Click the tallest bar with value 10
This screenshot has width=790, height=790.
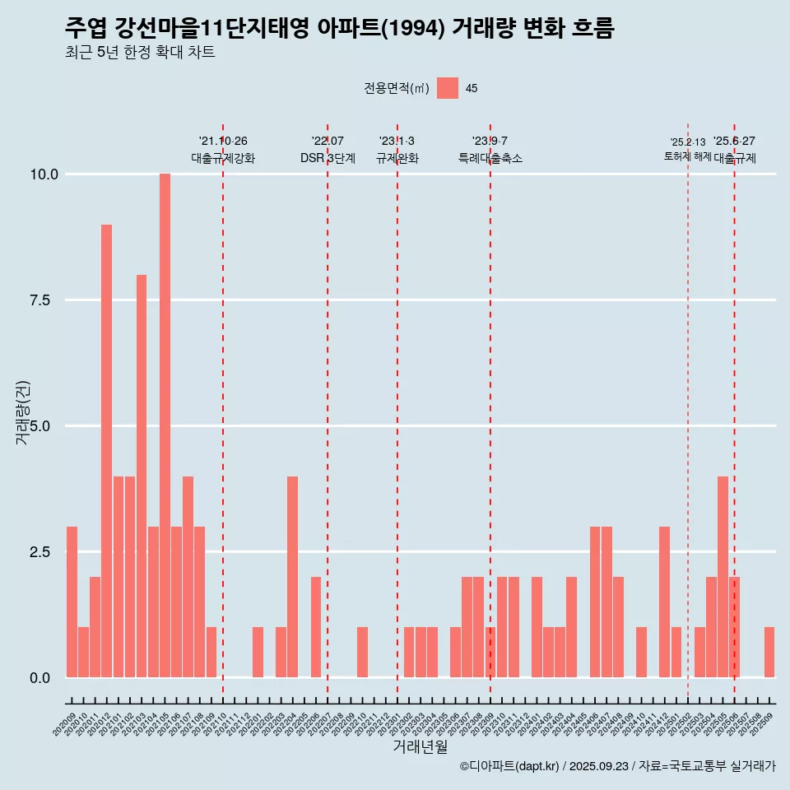165,425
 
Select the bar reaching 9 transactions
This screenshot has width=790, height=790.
107,451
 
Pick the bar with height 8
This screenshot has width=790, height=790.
142,476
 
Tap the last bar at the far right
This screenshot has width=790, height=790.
769,653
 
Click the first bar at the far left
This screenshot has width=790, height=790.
72,602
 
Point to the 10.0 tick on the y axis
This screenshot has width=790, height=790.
42,174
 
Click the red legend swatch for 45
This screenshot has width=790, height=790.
448,88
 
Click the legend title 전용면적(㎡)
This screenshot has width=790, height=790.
397,89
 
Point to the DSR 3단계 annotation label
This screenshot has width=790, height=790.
328,158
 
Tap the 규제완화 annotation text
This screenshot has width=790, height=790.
397,158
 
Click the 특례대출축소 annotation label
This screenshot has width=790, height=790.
490,158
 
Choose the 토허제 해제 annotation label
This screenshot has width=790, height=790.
687,156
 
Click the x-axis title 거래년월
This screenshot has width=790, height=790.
421,747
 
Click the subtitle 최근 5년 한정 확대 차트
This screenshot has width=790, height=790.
140,53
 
